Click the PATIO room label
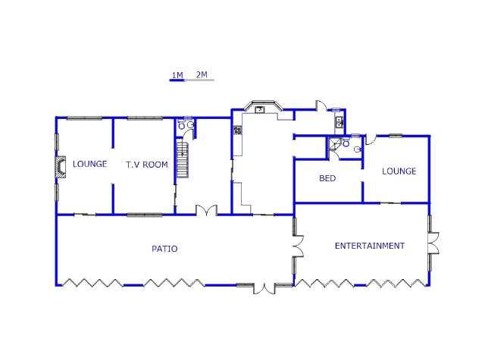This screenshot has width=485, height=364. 164,249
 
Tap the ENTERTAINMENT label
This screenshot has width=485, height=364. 370,246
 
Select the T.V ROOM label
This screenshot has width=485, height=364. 147,165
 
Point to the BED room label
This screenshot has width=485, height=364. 327,178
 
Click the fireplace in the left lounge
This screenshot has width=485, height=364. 61,167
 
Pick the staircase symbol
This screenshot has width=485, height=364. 183,159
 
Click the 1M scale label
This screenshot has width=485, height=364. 177,75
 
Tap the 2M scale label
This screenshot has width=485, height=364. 202,74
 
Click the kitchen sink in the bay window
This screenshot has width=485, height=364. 260,109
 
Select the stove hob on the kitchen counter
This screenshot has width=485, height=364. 237,130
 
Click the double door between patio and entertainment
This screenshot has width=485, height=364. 299,246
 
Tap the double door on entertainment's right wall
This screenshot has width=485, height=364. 433,243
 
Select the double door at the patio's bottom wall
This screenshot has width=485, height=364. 264,289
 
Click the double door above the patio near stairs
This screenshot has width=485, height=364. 207,210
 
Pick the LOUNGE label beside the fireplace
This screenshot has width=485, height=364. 89,164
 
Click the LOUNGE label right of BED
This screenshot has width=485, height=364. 399,171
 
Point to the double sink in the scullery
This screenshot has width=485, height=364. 339,122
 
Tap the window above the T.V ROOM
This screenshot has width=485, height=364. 145,118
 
